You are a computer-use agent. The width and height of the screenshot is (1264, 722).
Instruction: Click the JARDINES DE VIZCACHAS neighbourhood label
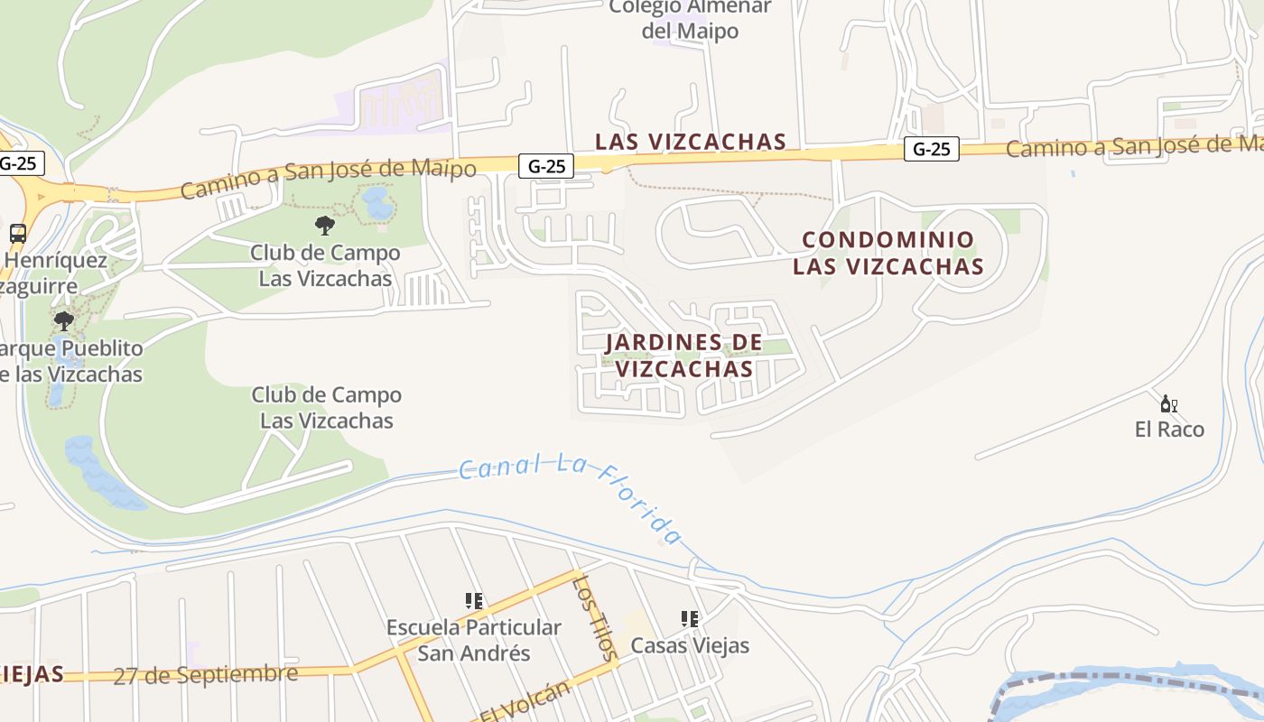pyautogui.click(x=683, y=356)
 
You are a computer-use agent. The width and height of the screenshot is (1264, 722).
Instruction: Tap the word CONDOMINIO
pyautogui.click(x=888, y=240)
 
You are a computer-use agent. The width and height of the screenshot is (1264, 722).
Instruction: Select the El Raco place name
pyautogui.click(x=1169, y=430)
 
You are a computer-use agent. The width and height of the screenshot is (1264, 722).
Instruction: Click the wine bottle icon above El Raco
pyautogui.click(x=1168, y=403)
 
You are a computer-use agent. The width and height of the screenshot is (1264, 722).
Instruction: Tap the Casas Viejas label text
pyautogui.click(x=690, y=646)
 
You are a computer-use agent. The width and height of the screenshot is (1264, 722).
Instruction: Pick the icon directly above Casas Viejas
pyautogui.click(x=690, y=619)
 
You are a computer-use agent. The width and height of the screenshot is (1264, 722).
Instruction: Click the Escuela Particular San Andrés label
pyautogui.click(x=473, y=640)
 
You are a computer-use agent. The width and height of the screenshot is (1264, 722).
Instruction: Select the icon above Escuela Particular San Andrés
pyautogui.click(x=473, y=600)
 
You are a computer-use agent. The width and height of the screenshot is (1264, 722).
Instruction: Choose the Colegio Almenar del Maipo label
pyautogui.click(x=690, y=19)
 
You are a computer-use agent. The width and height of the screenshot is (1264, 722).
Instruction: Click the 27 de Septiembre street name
pyautogui.click(x=205, y=675)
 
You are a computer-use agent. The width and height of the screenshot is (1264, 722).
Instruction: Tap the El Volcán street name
pyautogui.click(x=525, y=700)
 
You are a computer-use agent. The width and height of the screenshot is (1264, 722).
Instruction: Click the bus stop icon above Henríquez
pyautogui.click(x=17, y=233)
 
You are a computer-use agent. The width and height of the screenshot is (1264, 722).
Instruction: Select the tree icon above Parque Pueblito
pyautogui.click(x=63, y=320)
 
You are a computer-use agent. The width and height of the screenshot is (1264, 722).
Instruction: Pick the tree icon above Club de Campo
pyautogui.click(x=325, y=225)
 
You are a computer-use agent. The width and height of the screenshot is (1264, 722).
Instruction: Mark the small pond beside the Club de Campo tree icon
pyautogui.click(x=377, y=204)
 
